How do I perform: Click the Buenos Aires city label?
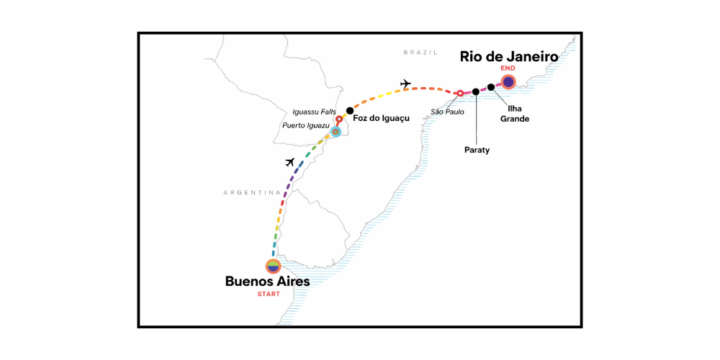point(267,282)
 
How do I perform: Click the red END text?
point(508,68)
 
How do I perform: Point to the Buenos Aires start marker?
point(273,266)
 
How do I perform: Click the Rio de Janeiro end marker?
point(508,82)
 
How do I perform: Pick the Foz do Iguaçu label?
point(376,119)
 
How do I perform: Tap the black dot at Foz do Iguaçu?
point(350,111)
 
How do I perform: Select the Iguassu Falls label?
point(315,112)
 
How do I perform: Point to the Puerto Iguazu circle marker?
point(336,132)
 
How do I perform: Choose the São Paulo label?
point(446,112)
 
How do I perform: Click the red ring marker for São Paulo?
point(460,93)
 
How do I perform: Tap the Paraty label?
point(476,150)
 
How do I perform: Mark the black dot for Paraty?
point(476,91)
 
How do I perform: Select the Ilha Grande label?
point(515,114)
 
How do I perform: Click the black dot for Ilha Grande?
point(491,87)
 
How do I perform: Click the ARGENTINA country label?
point(251,192)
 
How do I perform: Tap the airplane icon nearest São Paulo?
point(405,84)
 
